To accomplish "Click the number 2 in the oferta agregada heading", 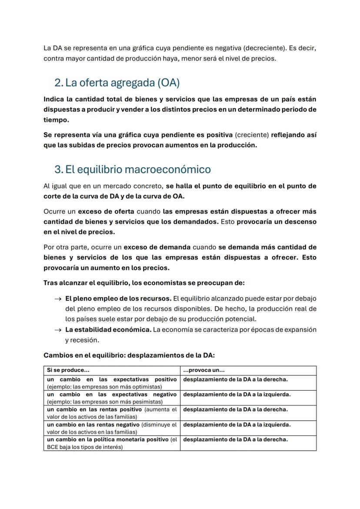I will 58,83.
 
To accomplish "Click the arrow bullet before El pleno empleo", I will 57,299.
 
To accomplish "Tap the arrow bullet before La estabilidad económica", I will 57,330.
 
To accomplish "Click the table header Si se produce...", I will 68,370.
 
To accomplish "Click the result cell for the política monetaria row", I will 235,439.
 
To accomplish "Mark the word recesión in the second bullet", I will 77,339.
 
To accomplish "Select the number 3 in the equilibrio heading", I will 58,169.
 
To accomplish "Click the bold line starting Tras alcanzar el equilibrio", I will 144,283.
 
